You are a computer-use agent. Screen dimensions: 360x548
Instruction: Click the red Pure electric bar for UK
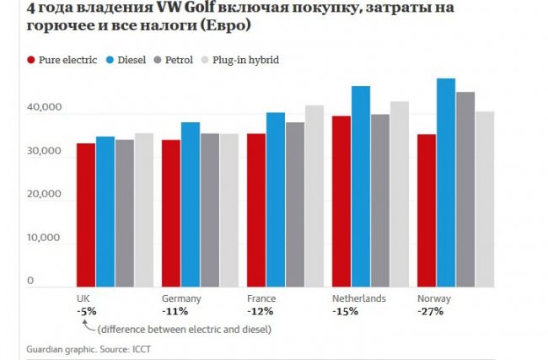point(85,215)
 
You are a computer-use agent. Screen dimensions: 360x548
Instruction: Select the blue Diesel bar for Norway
point(445,182)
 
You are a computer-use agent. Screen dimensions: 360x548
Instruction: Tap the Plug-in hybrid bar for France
point(314,196)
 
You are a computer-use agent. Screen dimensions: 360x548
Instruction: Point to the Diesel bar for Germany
point(190,204)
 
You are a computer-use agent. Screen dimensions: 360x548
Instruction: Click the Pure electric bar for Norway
point(426,210)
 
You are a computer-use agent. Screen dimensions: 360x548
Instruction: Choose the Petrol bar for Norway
point(465,189)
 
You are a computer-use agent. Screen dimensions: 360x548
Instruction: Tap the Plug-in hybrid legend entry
point(244,61)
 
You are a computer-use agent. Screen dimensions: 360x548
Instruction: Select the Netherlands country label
point(358,298)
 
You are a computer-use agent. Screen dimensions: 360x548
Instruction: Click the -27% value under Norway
point(430,311)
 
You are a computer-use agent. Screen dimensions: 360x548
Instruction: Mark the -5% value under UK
point(86,311)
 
